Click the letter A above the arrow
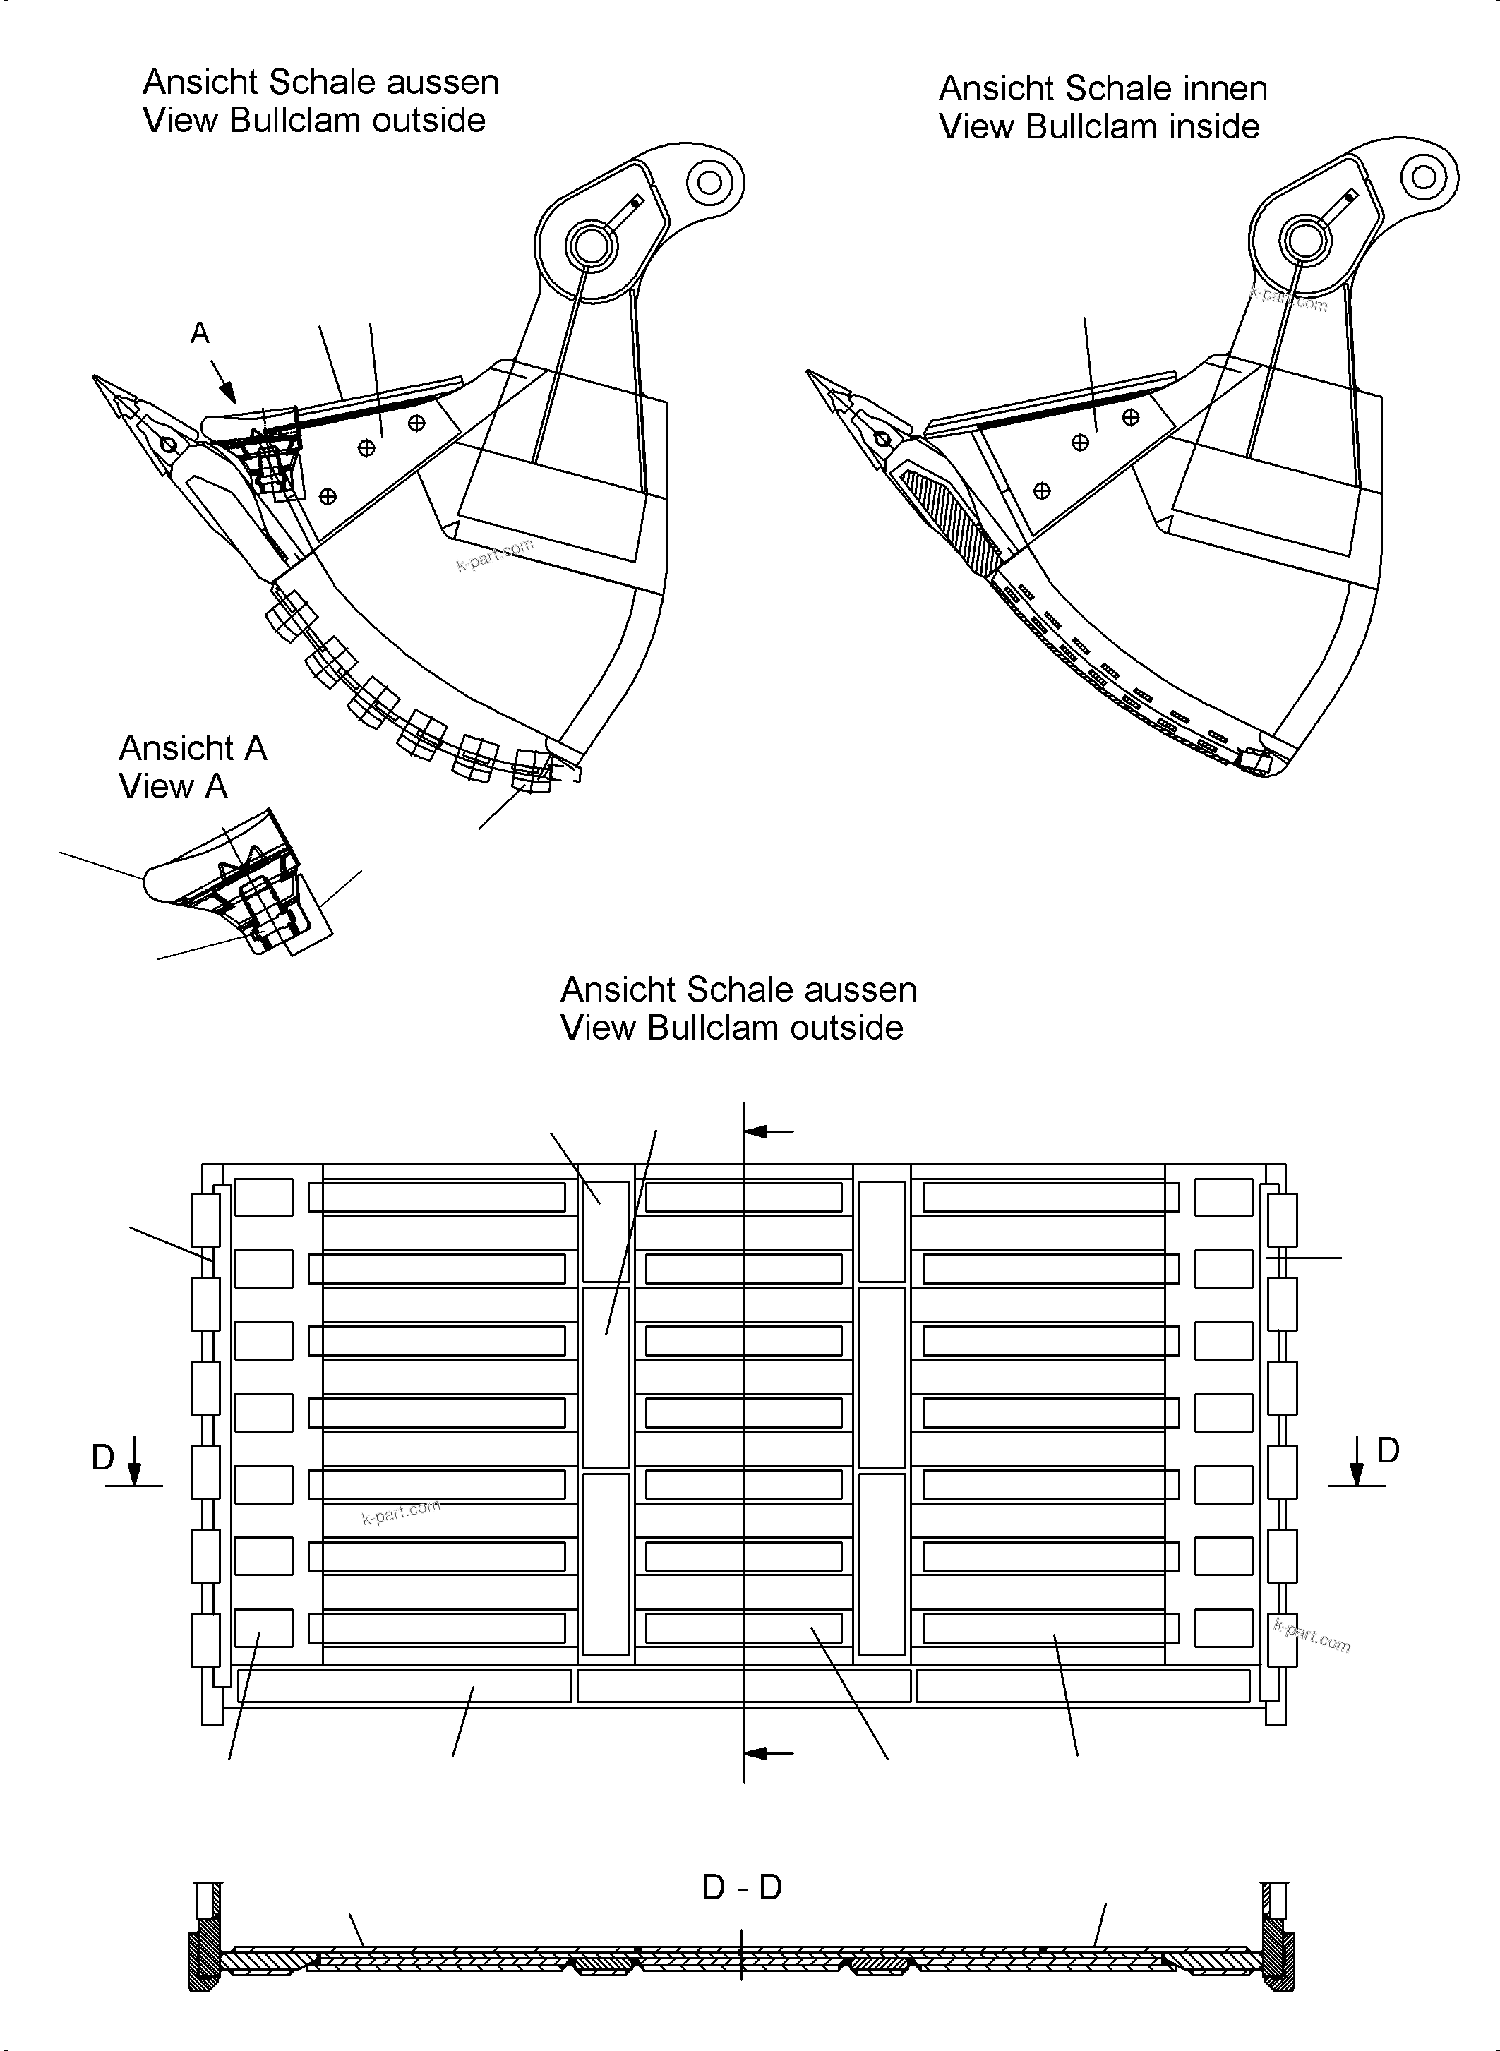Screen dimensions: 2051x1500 click(x=200, y=333)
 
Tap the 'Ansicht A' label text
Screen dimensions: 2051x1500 click(x=193, y=748)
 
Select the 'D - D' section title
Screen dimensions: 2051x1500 click(x=742, y=1887)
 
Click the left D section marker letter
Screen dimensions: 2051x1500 click(x=102, y=1457)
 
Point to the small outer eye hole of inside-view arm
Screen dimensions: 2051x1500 click(x=1424, y=176)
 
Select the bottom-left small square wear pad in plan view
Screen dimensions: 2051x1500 click(x=263, y=1628)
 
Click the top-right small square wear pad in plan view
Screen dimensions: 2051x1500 click(x=1223, y=1196)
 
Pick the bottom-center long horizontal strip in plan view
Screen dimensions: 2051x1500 click(x=743, y=1685)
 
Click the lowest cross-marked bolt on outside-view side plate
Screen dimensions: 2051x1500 click(x=329, y=495)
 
